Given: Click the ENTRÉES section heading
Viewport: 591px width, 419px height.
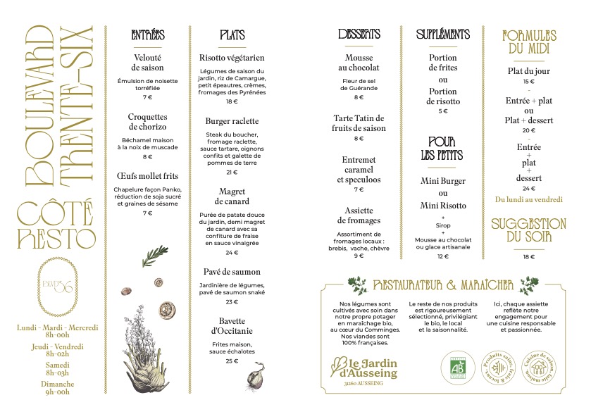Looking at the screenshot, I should click(x=148, y=35).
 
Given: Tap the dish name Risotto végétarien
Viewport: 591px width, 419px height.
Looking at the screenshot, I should click(x=232, y=58).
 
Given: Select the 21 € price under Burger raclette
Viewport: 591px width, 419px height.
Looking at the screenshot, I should click(x=232, y=173).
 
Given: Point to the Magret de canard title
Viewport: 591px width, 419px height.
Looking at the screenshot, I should click(x=232, y=196).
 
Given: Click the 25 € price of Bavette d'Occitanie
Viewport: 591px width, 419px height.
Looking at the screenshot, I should click(x=232, y=361).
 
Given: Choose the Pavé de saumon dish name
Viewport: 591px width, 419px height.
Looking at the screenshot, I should click(x=232, y=272).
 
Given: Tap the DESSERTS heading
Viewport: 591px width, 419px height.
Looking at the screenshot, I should click(x=359, y=35).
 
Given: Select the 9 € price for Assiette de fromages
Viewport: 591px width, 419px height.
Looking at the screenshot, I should click(x=359, y=256).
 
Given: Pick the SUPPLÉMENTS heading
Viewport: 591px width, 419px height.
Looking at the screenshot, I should click(x=442, y=35).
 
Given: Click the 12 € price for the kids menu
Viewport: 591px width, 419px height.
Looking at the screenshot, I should click(x=442, y=257).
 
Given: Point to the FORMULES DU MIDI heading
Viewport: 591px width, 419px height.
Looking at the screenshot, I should click(x=529, y=42).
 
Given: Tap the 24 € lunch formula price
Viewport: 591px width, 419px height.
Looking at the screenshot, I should click(x=529, y=189).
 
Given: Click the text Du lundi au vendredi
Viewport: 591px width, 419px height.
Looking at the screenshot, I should click(x=529, y=199).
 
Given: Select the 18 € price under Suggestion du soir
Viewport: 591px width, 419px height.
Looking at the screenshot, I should click(x=529, y=257).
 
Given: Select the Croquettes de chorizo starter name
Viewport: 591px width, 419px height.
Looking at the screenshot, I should click(x=148, y=122).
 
